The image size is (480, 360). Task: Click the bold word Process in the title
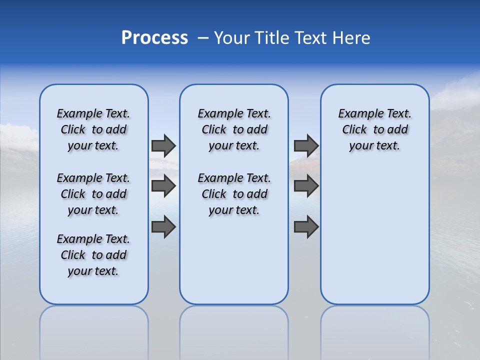(154, 38)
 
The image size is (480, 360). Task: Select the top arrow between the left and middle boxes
(163, 145)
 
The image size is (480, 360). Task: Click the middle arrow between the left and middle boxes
(163, 186)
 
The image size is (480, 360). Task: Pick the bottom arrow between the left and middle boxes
(163, 227)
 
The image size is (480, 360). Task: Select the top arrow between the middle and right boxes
(306, 145)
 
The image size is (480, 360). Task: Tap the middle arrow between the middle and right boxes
(306, 186)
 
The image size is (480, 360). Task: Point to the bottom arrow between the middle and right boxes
(306, 227)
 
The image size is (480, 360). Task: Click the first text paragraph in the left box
(93, 129)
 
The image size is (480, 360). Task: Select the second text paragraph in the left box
(93, 194)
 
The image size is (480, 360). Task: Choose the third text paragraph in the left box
(93, 255)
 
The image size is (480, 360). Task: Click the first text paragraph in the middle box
(234, 129)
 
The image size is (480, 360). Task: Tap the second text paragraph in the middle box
(234, 194)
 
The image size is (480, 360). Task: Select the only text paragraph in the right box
(374, 129)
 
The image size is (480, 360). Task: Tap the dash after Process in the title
(203, 38)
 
